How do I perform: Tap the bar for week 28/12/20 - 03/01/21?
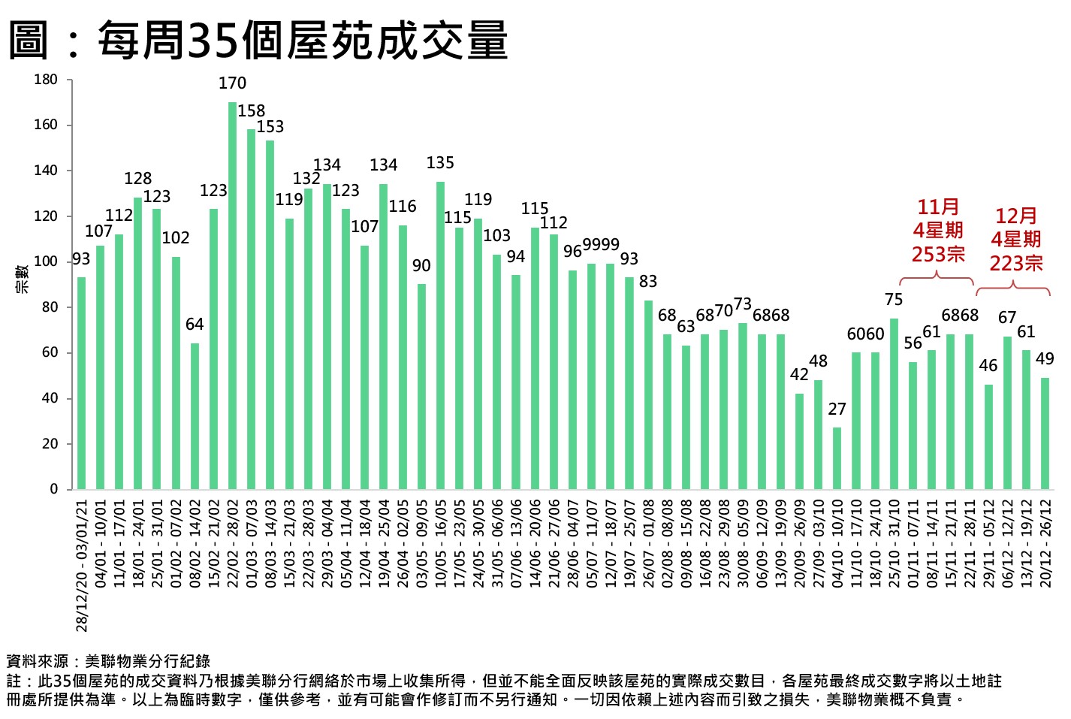pyautogui.click(x=81, y=383)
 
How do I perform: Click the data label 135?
pyautogui.click(x=440, y=163)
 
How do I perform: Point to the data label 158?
pyautogui.click(x=252, y=111)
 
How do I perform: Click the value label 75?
pyautogui.click(x=894, y=300)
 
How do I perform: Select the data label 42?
pyautogui.click(x=799, y=374)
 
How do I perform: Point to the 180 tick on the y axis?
pyautogui.click(x=46, y=80)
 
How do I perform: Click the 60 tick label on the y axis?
pyautogui.click(x=50, y=352)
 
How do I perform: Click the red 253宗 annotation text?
pyautogui.click(x=938, y=254)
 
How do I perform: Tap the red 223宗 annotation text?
pyautogui.click(x=1015, y=263)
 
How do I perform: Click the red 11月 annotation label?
pyautogui.click(x=938, y=207)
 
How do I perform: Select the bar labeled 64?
pyautogui.click(x=195, y=416)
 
